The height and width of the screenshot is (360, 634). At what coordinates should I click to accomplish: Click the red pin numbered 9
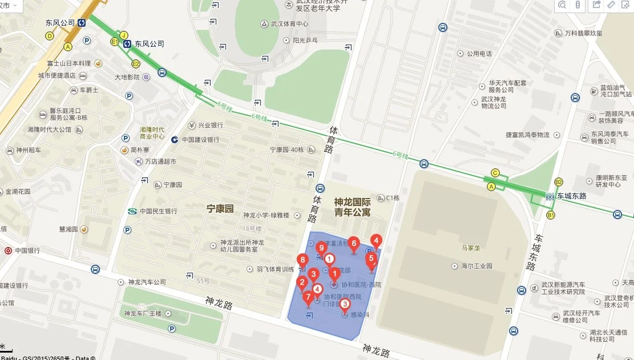coord(321,248)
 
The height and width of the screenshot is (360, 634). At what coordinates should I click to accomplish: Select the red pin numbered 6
coord(354,244)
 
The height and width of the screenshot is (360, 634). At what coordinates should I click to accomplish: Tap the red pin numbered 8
coord(302,261)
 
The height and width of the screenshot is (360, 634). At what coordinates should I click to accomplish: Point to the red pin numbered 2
coord(302,282)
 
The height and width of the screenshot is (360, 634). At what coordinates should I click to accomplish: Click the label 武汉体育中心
coord(289,24)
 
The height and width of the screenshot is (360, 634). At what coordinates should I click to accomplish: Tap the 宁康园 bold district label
coord(220,209)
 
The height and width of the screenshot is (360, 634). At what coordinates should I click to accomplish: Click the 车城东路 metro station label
coord(572,196)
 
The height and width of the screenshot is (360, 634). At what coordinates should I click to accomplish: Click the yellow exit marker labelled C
coord(495,173)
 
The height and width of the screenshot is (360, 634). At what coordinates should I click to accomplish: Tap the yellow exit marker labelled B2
coord(559,182)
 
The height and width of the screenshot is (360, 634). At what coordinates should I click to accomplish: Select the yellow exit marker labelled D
coord(50,36)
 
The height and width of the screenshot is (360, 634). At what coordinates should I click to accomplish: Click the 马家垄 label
coord(473,248)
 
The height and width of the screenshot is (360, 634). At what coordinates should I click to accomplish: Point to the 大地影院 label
coord(127,77)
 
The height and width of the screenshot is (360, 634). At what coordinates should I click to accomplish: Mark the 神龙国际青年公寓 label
coord(353,207)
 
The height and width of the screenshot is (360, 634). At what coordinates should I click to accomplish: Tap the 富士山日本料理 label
coord(69,63)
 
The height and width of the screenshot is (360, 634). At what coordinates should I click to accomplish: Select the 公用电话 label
coord(479,54)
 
